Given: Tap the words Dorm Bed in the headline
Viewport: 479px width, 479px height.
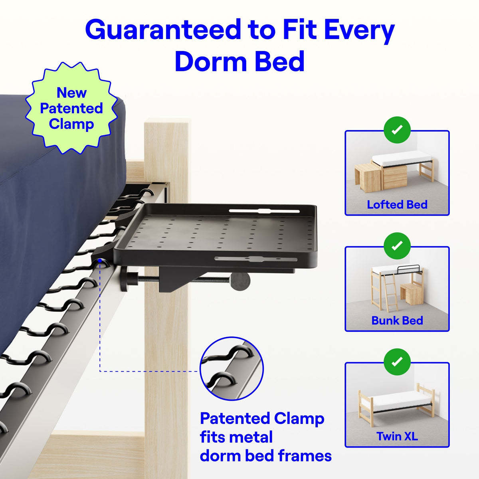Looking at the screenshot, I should tap(239, 62).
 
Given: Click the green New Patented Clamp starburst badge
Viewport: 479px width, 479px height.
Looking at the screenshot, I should tap(71, 108).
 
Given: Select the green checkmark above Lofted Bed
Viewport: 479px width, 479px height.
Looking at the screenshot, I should tap(397, 130).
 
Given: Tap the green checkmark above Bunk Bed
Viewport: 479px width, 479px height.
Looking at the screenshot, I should tap(397, 246).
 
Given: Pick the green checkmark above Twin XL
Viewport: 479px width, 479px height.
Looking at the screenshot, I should tap(397, 362).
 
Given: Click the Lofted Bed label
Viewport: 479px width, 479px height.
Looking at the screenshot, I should tap(397, 204).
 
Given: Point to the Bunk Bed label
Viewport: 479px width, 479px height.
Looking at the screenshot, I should tap(397, 320).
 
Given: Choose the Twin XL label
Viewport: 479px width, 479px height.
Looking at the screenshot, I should tap(397, 436).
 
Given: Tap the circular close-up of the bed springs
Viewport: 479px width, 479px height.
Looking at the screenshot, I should tap(232, 368).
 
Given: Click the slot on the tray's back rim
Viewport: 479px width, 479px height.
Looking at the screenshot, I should tap(264, 210).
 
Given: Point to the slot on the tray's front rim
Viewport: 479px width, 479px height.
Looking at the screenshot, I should tap(255, 259).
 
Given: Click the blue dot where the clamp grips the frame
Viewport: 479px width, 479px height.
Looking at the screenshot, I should tap(99, 261).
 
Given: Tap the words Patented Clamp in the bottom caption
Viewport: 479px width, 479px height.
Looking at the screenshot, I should tap(262, 419).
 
